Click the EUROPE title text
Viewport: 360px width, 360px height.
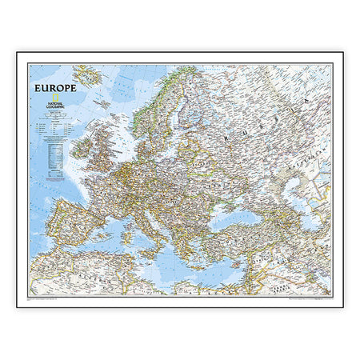[55, 88]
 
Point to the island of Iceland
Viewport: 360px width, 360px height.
[86, 78]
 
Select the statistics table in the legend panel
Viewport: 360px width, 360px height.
[55, 152]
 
